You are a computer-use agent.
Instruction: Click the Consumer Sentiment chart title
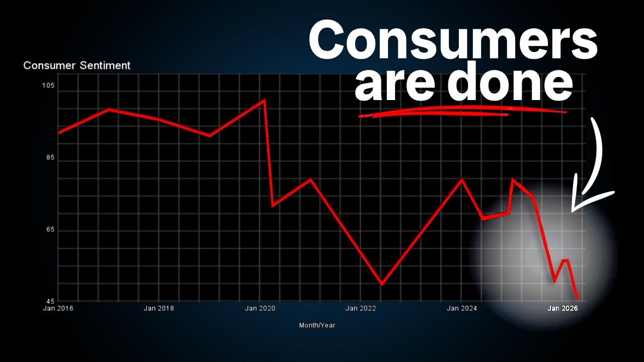coord(77,65)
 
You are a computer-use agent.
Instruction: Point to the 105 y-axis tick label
coord(48,85)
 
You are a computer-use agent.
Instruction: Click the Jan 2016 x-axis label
coord(58,308)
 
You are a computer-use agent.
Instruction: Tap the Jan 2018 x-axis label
coord(158,308)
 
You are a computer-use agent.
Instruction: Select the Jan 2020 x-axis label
coord(260,308)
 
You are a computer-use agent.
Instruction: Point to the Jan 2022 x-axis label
coord(361,308)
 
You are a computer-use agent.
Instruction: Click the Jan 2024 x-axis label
coord(462,308)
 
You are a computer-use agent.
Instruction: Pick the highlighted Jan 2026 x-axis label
coord(562,308)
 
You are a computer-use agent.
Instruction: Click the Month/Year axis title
coord(317,325)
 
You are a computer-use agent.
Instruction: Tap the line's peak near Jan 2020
coord(264,100)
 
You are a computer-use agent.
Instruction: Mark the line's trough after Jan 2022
coord(382,284)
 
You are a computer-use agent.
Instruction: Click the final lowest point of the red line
coord(577,299)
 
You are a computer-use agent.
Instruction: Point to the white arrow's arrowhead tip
coord(573,211)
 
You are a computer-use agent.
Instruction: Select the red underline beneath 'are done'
coord(463,112)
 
